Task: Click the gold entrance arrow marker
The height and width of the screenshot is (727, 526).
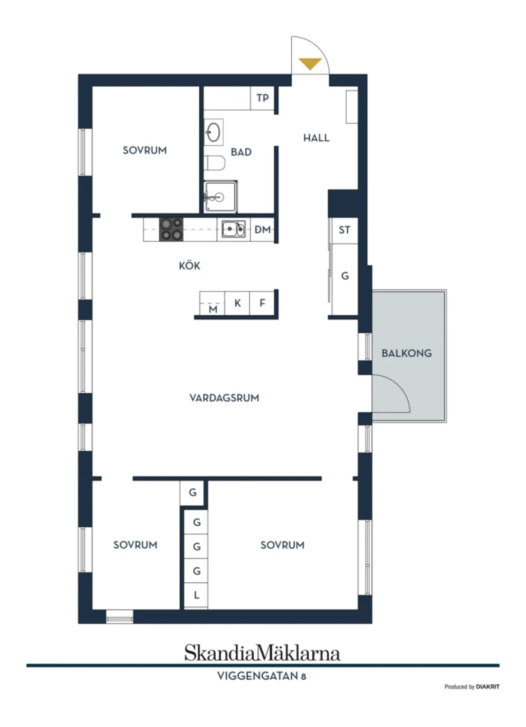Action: pos(310,64)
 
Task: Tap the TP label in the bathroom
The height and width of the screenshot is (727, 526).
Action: pos(262,98)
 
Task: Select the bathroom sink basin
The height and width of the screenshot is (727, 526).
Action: pos(214,132)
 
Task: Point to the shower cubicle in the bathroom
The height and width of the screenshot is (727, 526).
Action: pos(220,196)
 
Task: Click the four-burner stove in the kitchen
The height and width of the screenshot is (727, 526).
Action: pos(171,229)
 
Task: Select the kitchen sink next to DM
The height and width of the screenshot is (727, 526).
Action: pos(234,229)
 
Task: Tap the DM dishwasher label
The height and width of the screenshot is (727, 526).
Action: pos(262,230)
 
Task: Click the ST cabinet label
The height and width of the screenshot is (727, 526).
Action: pos(345,230)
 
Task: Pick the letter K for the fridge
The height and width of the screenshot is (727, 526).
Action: pos(237,303)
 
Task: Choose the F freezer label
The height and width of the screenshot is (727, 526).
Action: pos(262,303)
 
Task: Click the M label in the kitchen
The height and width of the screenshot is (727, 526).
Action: pos(213,309)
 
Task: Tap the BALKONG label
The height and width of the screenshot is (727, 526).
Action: pos(406,353)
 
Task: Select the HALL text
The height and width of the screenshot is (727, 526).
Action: pos(316,138)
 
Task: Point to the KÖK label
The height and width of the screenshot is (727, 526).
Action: pos(190,266)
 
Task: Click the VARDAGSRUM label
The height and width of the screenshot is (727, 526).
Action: pos(224,398)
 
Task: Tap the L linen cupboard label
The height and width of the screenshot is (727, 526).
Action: pos(196,595)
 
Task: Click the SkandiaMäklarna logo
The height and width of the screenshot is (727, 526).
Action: pos(262,653)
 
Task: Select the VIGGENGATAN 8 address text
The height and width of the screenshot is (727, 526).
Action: pos(261,676)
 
